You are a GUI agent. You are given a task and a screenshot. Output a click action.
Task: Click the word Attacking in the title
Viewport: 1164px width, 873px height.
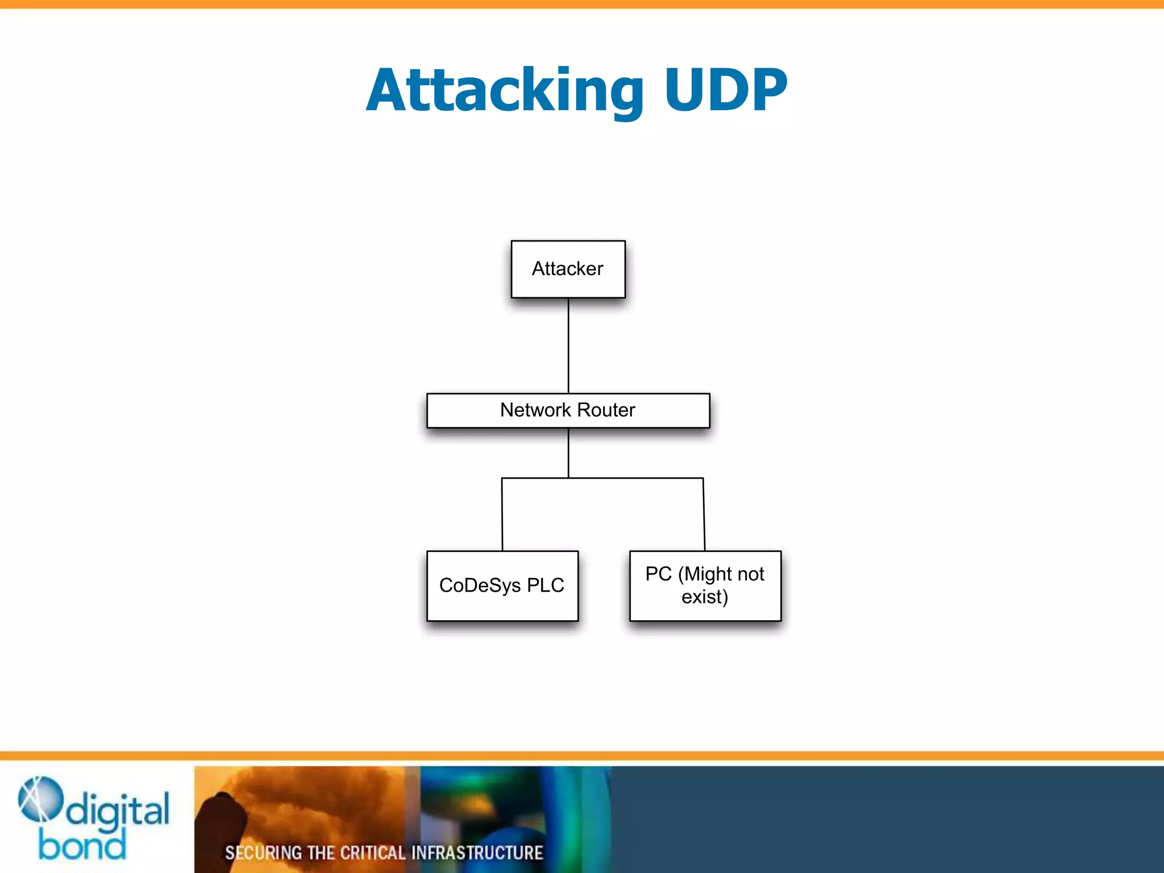[505, 91]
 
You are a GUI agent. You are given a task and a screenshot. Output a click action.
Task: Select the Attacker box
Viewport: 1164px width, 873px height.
[568, 269]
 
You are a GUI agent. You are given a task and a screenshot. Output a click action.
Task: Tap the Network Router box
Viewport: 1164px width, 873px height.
[568, 410]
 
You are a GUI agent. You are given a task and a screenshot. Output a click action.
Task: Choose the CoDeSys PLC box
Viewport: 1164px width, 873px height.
[502, 585]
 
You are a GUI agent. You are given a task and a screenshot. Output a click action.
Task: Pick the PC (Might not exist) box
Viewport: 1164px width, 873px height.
[705, 585]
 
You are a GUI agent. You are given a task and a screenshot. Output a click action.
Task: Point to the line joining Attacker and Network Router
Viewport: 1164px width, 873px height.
[568, 346]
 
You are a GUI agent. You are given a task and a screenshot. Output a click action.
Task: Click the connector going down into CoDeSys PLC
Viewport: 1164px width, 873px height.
[502, 514]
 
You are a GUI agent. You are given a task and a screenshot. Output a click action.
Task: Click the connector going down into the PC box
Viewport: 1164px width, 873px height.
[704, 514]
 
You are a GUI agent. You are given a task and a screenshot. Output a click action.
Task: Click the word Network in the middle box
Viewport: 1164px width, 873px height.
[535, 410]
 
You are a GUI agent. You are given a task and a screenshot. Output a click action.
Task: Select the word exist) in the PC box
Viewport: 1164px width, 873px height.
[705, 597]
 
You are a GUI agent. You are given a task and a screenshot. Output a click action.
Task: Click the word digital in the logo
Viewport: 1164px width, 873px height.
[118, 810]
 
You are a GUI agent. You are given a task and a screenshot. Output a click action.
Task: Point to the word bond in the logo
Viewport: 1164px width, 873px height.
[82, 845]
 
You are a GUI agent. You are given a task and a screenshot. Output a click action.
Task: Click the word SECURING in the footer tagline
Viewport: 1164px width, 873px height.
[263, 853]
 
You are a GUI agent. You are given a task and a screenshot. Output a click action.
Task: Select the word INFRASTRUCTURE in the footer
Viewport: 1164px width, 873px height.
[477, 853]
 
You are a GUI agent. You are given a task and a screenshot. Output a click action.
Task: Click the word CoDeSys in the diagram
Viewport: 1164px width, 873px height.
[480, 585]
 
